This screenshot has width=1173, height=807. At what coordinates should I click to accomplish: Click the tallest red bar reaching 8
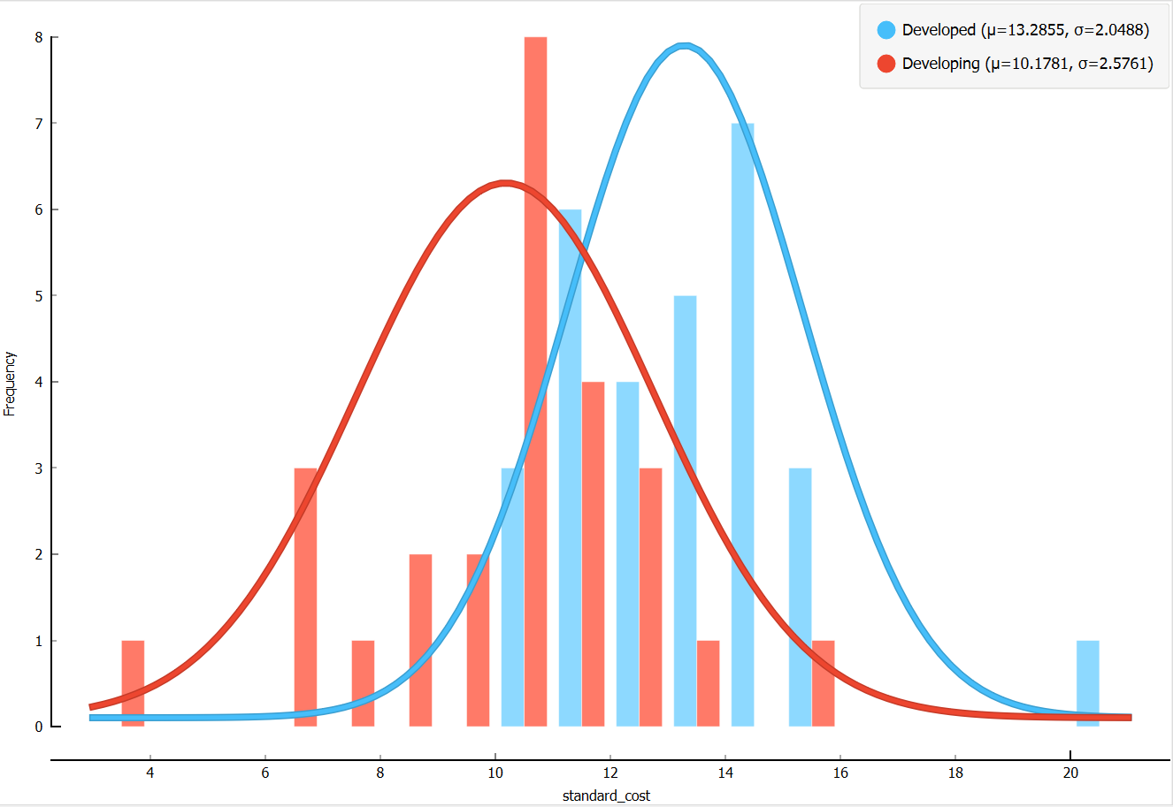click(535, 380)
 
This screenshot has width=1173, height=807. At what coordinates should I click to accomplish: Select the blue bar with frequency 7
click(743, 424)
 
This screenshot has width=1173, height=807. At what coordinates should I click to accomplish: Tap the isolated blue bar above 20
click(1088, 683)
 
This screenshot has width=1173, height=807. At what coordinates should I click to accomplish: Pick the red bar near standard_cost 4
click(133, 683)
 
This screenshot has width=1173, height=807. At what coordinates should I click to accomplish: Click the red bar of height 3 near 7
click(305, 597)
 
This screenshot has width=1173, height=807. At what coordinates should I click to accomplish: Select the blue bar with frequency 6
click(571, 468)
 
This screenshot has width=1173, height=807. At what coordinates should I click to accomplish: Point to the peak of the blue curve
click(684, 45)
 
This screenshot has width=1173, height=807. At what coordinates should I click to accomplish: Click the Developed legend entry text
click(1025, 30)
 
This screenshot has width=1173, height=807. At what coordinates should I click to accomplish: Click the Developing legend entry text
click(1027, 64)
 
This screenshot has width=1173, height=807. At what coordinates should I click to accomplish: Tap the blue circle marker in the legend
click(886, 30)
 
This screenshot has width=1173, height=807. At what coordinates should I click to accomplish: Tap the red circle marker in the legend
click(886, 64)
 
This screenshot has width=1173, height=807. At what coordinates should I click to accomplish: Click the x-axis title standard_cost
click(606, 796)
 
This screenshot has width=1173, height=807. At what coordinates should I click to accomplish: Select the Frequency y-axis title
click(10, 384)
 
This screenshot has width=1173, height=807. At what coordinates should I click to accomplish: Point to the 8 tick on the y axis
click(39, 37)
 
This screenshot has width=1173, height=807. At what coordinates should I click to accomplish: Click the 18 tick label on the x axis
click(955, 773)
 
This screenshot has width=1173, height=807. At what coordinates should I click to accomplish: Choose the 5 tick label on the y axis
click(39, 296)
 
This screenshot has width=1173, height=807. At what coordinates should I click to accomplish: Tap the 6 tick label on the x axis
click(265, 773)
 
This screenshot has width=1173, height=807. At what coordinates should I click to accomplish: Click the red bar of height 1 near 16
click(823, 683)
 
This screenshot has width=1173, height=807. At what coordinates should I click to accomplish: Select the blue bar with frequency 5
click(685, 511)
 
